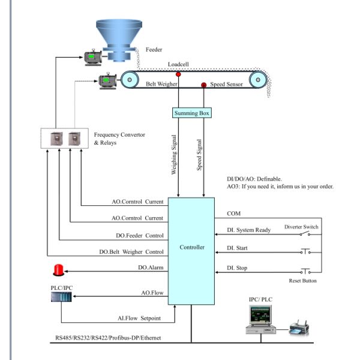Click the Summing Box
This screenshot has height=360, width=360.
193,113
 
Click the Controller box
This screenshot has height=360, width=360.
192,247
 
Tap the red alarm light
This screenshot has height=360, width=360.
59,269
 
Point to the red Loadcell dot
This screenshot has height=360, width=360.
178,74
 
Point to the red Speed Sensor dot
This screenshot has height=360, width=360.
203,85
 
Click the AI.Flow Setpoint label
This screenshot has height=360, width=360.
140,318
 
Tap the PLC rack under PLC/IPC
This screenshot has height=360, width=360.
62,308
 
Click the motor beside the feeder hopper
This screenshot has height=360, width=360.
94,57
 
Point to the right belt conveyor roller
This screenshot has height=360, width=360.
257,79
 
